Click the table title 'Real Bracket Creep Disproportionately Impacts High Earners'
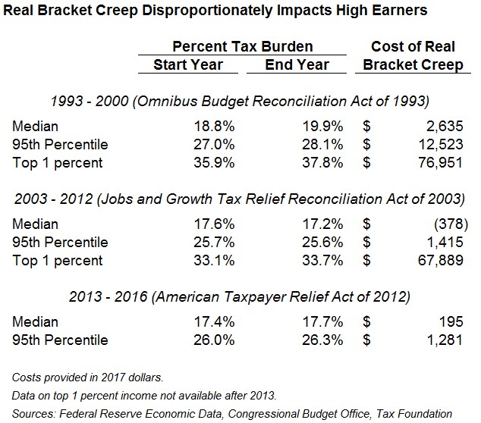214,11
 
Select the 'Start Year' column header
188,64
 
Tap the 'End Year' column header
296,64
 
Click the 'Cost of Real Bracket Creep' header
413,55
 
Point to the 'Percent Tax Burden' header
242,46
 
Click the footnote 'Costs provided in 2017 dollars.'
88,377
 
